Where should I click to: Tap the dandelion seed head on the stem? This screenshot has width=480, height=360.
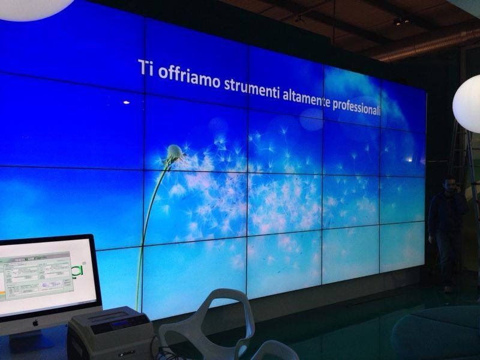(x=175, y=153)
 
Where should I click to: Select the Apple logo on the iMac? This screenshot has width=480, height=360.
(x=35, y=322)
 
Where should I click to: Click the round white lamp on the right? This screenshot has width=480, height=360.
(x=467, y=103)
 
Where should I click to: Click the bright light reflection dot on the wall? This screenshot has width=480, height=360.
(x=126, y=103)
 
